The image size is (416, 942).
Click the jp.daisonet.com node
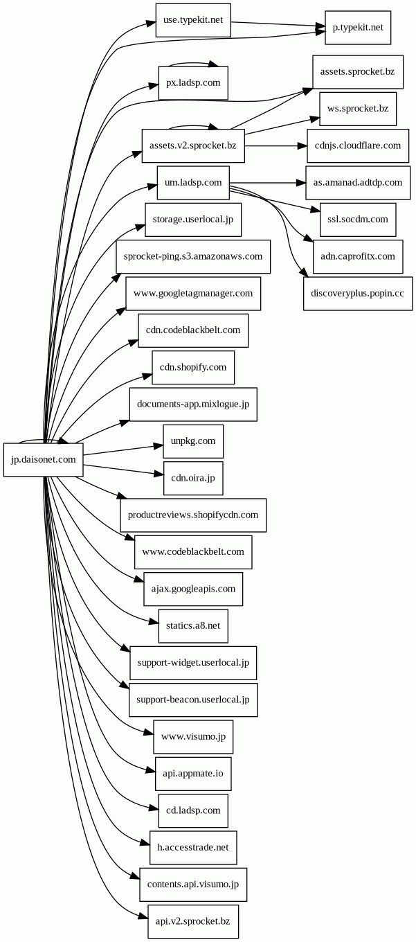pyautogui.click(x=43, y=459)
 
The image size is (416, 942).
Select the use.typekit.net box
pyautogui.click(x=193, y=20)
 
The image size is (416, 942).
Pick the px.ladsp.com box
pyautogui.click(x=193, y=83)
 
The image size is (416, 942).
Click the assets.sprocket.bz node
pyautogui.click(x=357, y=72)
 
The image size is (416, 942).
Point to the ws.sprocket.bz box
pyautogui.click(x=357, y=109)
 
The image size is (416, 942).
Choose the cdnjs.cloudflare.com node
pyautogui.click(x=357, y=145)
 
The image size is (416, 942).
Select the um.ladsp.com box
pyautogui.click(x=193, y=182)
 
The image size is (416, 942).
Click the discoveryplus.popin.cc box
pyautogui.click(x=357, y=293)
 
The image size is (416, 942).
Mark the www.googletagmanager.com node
pyautogui.click(x=193, y=293)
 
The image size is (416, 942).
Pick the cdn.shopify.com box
pyautogui.click(x=193, y=367)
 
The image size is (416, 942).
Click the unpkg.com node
pyautogui.click(x=193, y=441)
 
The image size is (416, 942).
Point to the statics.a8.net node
pyautogui.click(x=193, y=625)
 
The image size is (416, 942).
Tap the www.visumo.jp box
pyautogui.click(x=193, y=736)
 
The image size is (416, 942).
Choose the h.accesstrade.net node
pyautogui.click(x=193, y=847)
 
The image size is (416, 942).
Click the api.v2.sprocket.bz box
pyautogui.click(x=193, y=921)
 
